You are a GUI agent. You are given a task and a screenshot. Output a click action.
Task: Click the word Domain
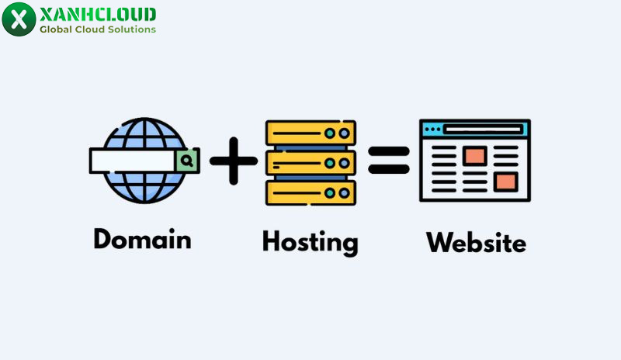[x=142, y=239]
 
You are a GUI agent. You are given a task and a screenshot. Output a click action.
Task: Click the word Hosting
[x=310, y=241]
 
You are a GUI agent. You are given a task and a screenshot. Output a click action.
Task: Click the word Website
[x=476, y=242]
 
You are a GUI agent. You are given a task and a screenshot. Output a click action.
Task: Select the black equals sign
[x=389, y=161]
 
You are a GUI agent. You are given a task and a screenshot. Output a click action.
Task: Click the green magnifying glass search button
[x=187, y=161]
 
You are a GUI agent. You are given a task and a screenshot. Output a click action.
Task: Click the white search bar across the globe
[x=132, y=161]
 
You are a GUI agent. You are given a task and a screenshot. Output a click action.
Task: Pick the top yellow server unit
[x=310, y=133]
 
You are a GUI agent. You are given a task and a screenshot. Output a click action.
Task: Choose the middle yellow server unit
[x=310, y=162]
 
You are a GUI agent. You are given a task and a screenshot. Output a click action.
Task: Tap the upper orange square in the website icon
[x=474, y=155]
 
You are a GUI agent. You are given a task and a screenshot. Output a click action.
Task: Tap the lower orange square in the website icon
[x=505, y=182]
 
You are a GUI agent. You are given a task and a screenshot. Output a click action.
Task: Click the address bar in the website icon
[x=484, y=129]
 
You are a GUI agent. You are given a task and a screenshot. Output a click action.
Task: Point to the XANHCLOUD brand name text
[x=98, y=14]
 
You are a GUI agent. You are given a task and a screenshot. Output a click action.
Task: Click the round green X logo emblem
[x=19, y=19]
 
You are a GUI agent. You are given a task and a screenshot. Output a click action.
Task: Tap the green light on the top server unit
[x=330, y=133]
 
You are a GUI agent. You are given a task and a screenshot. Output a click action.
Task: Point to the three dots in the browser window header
[x=432, y=129]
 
